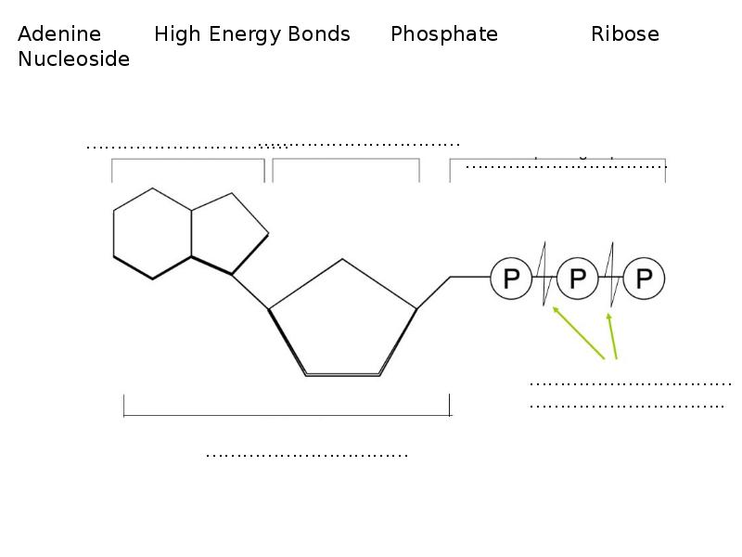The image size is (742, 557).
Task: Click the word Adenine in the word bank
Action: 59,34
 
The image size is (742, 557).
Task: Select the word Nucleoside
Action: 73,59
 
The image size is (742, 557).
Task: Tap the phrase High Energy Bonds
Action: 252,34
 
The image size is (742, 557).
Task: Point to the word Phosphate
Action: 443,34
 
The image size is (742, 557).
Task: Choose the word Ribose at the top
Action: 624,34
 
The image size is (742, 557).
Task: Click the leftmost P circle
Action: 511,278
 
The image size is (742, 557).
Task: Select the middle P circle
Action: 577,278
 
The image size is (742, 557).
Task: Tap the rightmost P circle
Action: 645,278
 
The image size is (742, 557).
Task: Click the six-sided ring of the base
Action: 152,233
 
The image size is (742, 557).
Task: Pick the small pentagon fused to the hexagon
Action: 226,232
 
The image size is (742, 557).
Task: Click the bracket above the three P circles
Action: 556,161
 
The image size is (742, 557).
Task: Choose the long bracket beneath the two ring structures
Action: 287,415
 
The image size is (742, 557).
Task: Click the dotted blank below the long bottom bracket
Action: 306,455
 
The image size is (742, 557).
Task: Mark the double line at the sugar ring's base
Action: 343,374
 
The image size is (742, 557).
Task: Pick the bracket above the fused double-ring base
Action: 188,161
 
